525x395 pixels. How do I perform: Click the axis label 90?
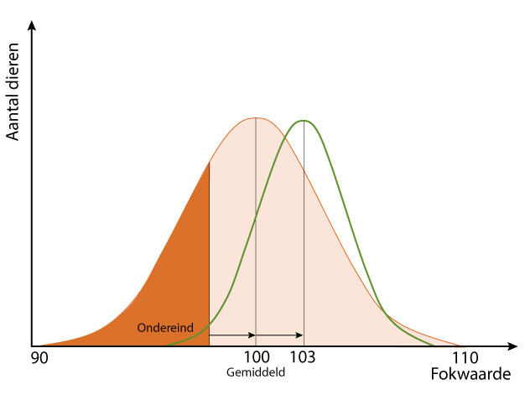click(39, 358)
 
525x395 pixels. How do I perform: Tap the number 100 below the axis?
click(255, 358)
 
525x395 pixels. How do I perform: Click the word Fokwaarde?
click(470, 374)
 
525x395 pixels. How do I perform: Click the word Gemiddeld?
click(256, 372)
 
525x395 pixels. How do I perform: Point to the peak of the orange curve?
click(255, 117)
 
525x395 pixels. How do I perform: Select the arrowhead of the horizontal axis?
click(512, 346)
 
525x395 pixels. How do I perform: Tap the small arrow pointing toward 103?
click(299, 335)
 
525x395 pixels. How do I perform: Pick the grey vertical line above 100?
click(256, 226)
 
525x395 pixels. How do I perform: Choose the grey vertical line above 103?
click(304, 226)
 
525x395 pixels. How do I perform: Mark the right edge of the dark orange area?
click(209, 252)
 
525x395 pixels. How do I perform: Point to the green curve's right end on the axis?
click(434, 345)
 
